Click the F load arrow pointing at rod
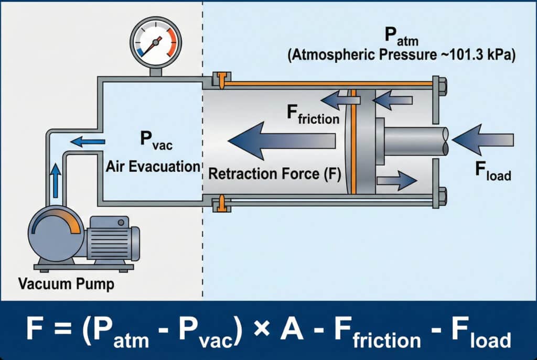pyautogui.click(x=482, y=140)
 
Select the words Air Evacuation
pyautogui.click(x=153, y=167)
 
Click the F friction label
pyautogui.click(x=313, y=114)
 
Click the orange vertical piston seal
pyautogui.click(x=353, y=141)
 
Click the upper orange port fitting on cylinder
pyautogui.click(x=223, y=80)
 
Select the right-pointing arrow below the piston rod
pyautogui.click(x=396, y=180)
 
